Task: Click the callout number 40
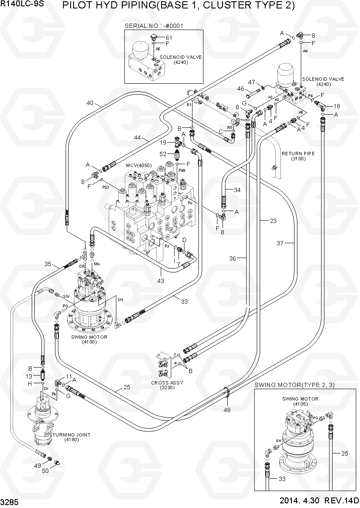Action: point(90,103)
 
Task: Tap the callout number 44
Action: point(137,138)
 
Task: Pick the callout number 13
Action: point(29,376)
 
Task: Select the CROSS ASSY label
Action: point(167,383)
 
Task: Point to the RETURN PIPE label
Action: point(298,154)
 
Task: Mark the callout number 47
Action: point(251,82)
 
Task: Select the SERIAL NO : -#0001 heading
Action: point(154,26)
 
